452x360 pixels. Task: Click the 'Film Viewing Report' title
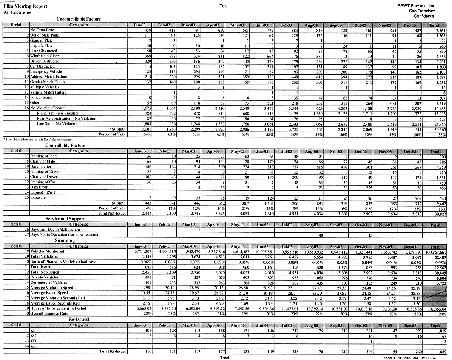25,6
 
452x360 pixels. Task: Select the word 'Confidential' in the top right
424,16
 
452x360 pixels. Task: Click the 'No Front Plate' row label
42,30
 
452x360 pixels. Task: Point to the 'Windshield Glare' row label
44,56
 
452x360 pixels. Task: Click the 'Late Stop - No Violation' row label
57,123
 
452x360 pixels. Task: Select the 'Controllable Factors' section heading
65,145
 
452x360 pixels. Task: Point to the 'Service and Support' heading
65,219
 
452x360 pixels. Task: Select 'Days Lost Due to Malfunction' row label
55,229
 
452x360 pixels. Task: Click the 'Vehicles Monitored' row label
47,251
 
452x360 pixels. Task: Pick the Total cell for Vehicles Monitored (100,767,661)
435,251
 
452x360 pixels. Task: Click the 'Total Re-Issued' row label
113,352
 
